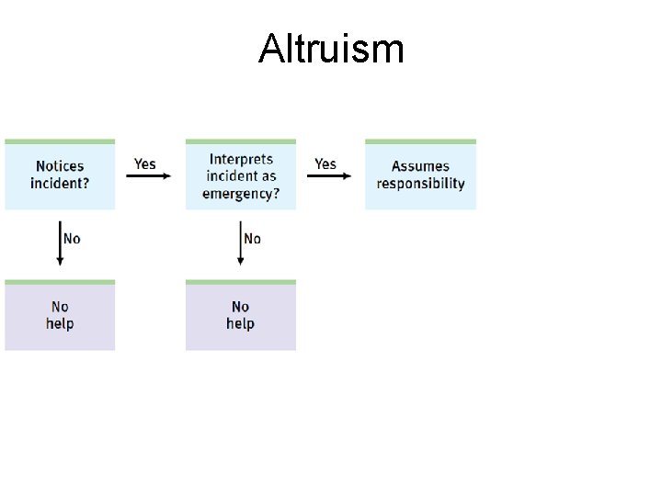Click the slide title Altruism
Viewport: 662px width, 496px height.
coord(331,48)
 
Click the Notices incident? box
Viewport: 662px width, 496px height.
coord(60,175)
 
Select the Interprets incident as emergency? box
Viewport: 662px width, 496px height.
coord(241,175)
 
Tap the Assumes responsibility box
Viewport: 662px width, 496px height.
coord(420,175)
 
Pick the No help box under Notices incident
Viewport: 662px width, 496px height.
coord(60,316)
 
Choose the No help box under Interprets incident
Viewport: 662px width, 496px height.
coord(241,316)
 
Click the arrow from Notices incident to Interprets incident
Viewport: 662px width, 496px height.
coord(148,176)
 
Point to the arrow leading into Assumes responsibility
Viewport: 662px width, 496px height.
coord(328,176)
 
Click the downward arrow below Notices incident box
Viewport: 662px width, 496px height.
coord(60,243)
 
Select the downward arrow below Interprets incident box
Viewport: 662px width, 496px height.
coord(241,243)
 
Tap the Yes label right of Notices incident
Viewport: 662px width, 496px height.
coord(145,163)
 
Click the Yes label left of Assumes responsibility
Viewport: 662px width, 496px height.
coord(325,163)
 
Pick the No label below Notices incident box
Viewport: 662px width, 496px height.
coord(72,239)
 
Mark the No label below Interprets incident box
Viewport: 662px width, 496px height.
coord(253,239)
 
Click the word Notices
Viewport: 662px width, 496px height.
coord(60,166)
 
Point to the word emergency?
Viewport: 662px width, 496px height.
coord(241,193)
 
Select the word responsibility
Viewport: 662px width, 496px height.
coord(420,184)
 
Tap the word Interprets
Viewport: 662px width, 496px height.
coord(241,159)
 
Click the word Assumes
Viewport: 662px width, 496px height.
coord(420,166)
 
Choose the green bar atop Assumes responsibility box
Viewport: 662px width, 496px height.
coord(420,141)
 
